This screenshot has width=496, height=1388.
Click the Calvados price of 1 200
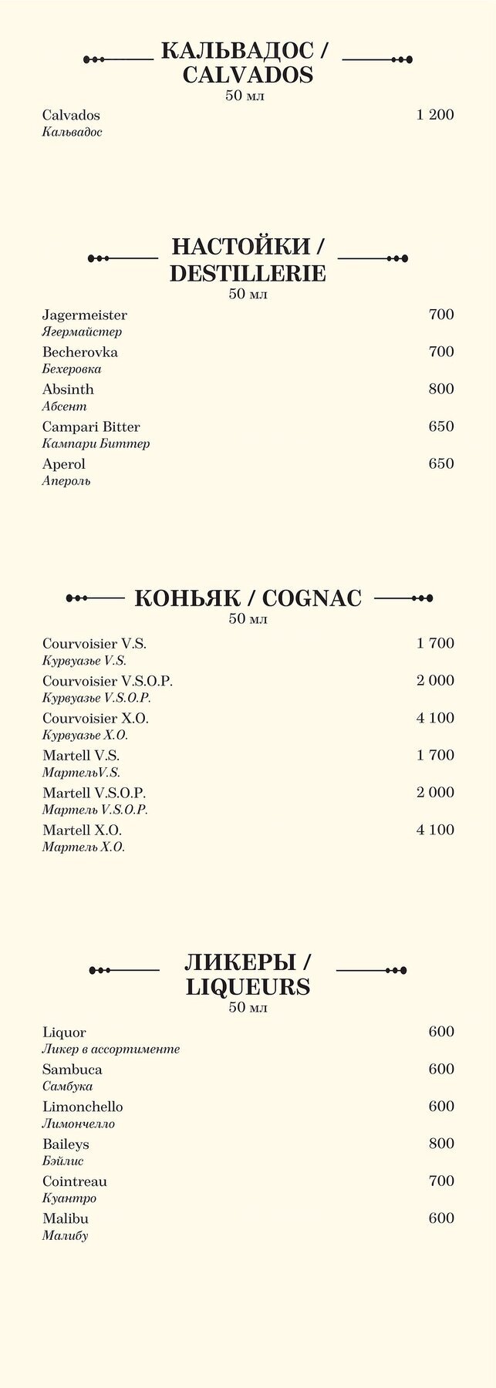(434, 116)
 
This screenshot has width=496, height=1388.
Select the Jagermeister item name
(85, 315)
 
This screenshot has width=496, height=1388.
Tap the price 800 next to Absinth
(441, 389)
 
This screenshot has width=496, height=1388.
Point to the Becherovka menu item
(80, 352)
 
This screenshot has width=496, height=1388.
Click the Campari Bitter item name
(91, 427)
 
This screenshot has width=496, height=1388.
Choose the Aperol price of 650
(441, 464)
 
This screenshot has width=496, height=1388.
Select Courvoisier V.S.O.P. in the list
(107, 682)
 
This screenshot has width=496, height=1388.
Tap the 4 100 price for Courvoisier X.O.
(435, 719)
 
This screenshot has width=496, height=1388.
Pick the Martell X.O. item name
(82, 830)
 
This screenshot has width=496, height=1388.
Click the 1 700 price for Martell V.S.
(435, 756)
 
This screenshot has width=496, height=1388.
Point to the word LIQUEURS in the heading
(248, 987)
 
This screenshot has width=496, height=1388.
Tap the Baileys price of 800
(441, 1144)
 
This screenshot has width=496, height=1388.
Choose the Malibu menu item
(66, 1219)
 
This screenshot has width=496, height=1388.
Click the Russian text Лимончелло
(78, 1124)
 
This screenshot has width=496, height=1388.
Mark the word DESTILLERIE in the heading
(248, 274)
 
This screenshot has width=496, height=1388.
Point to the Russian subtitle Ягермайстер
(82, 332)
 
